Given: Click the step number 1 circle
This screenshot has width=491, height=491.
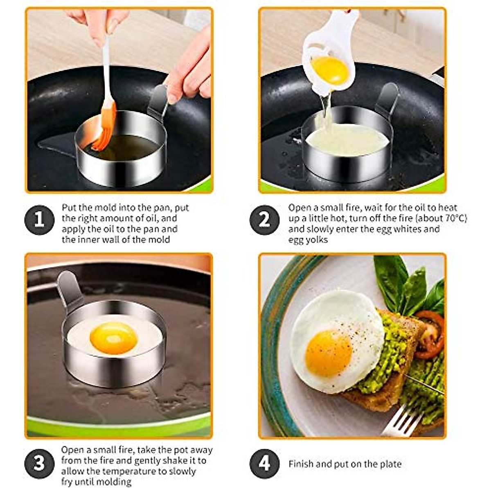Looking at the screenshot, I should (39, 220).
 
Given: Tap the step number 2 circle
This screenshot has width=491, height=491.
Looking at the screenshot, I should (264, 220).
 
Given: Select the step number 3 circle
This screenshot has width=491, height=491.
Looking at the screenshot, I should (39, 464).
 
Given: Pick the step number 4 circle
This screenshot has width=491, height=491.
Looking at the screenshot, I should (264, 464).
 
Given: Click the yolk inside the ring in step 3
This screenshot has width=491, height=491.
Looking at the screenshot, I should (113, 338).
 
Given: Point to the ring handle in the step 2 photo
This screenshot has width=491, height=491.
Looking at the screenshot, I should (387, 98).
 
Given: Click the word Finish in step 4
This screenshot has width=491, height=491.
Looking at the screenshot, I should (301, 464).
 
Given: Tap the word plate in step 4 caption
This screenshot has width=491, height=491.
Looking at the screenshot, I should (390, 464).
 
